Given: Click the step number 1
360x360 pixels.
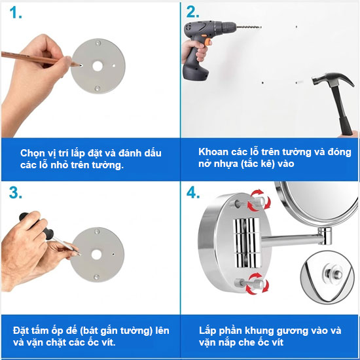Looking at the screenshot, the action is click(16, 12).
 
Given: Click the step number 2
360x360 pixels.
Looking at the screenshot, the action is click(192, 12).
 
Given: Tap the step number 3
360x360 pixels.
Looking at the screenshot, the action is click(16, 192).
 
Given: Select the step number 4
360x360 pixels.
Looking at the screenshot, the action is click(193, 192).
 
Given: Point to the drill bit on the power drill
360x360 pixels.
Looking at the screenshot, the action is click(249, 27).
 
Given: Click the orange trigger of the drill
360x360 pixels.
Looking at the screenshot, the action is click(208, 42).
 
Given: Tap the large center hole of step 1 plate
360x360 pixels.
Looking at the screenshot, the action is click(98, 66).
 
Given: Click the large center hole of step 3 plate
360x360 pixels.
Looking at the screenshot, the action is click(96, 255).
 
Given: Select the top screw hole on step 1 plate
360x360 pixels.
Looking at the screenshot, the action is click(98, 43).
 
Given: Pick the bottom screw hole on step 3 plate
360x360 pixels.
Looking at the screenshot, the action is click(97, 277).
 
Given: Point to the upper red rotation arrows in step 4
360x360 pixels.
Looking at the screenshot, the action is click(259, 200).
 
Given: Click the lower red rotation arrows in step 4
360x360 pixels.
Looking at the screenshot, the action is click(257, 284).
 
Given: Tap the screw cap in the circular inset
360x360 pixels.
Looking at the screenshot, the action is click(333, 274).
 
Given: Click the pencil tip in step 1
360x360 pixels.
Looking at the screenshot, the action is click(80, 65).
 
